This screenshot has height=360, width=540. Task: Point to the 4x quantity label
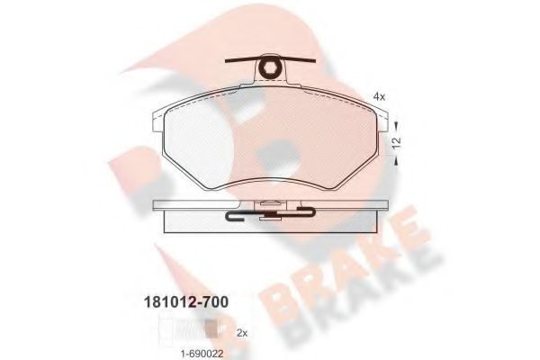(x=379, y=96)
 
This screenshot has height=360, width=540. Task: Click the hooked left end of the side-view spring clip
(x=230, y=215)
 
